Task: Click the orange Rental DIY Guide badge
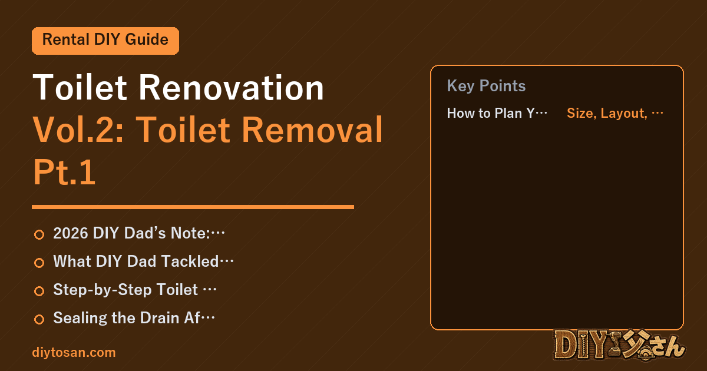(x=105, y=41)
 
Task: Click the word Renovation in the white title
(x=232, y=87)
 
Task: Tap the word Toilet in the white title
(x=80, y=87)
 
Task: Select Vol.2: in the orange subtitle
(x=78, y=130)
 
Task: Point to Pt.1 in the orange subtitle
(x=64, y=172)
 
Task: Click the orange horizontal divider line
(x=193, y=207)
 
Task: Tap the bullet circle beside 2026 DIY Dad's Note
(x=39, y=234)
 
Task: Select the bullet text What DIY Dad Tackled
(x=143, y=261)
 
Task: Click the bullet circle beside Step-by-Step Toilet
(x=39, y=291)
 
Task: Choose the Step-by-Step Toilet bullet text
(x=135, y=290)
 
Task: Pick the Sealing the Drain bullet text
(x=134, y=318)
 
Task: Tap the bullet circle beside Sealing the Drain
(x=39, y=319)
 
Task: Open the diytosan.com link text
(x=74, y=353)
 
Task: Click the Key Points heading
(x=486, y=86)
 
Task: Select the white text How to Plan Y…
(x=497, y=113)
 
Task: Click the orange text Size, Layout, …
(x=615, y=113)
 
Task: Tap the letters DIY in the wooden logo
(x=580, y=345)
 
